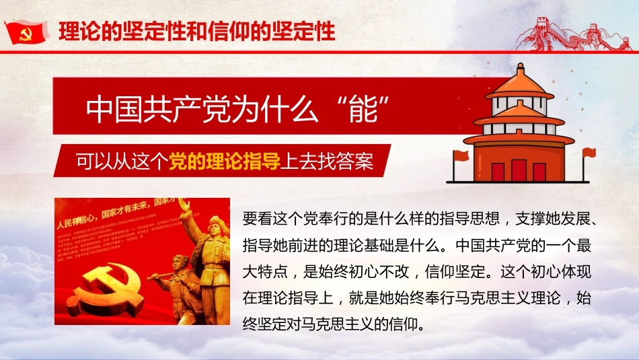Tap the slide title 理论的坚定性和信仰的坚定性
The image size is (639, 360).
tap(197, 32)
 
